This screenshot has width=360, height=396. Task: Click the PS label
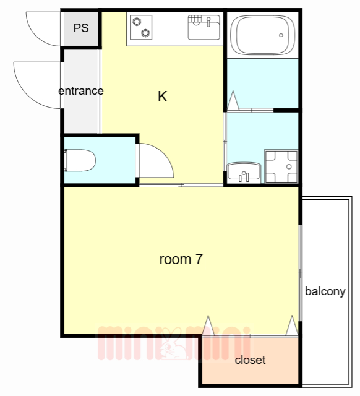click(81, 28)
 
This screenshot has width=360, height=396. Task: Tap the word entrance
click(81, 91)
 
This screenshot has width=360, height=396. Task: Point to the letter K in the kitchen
click(162, 97)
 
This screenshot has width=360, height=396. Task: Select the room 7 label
click(181, 259)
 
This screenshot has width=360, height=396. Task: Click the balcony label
click(325, 291)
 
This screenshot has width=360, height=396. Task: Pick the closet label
click(250, 360)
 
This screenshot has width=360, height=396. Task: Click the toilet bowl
click(80, 160)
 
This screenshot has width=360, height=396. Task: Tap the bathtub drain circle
click(281, 35)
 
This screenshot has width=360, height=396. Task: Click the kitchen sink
click(204, 27)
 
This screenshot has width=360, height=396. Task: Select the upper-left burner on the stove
click(137, 22)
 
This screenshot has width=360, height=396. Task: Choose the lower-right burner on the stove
click(145, 33)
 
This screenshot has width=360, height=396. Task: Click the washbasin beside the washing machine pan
click(244, 173)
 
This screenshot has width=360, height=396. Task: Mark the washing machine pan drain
click(289, 166)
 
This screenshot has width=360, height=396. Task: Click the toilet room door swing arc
click(165, 154)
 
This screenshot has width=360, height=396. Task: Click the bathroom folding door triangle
click(233, 100)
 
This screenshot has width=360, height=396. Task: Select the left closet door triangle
click(208, 325)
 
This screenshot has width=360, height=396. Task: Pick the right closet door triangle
click(292, 325)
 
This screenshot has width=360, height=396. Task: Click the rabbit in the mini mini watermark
click(173, 344)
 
